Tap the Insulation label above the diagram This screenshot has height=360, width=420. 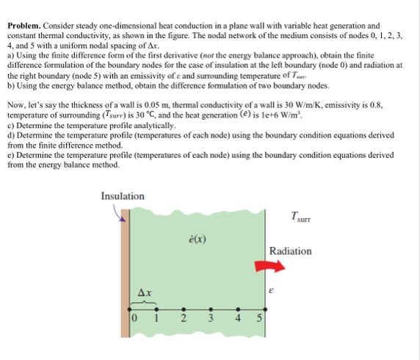click(123, 195)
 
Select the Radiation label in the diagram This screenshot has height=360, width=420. click(290, 251)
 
